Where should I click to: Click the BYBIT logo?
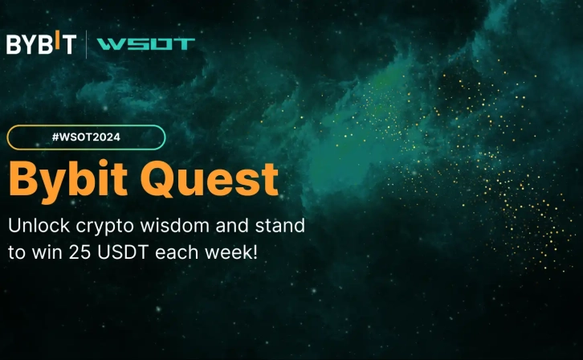tap(40, 44)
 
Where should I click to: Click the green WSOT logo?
tap(145, 44)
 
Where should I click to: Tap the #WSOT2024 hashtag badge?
tap(86, 137)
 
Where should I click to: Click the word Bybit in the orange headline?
tap(72, 180)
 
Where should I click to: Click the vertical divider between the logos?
tap(86, 44)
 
